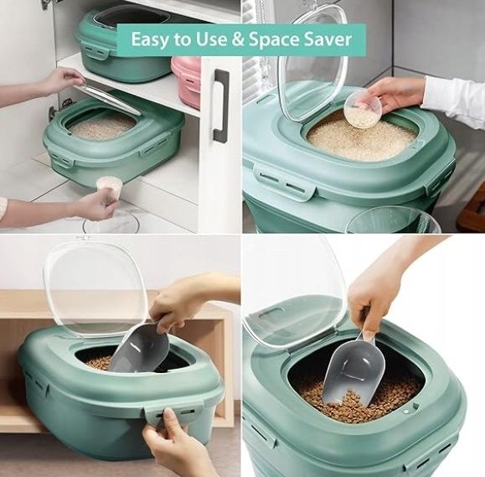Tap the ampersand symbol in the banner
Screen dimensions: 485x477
[x=237, y=39]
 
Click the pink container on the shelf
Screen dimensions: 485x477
[x=186, y=81]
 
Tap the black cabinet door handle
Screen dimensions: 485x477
[x=221, y=106]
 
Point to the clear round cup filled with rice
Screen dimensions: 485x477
[x=362, y=110]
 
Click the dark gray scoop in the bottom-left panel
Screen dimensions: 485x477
[x=140, y=347]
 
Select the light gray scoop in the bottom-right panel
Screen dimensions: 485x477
[x=353, y=371]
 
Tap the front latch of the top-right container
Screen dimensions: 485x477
[x=285, y=181]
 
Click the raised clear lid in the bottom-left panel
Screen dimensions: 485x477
[x=95, y=284]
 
